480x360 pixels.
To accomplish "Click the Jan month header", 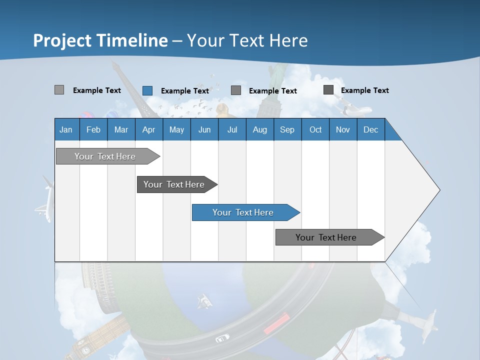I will point(66,130).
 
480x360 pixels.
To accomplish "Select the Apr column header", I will point(148,130).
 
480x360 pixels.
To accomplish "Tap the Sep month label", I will point(287,130).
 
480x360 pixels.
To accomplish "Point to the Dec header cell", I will point(370,130).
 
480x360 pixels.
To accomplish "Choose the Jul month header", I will point(232,130).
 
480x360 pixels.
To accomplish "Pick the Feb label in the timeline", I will point(93,130).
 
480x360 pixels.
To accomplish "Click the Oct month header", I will point(315,130).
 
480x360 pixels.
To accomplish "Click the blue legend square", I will point(147,90).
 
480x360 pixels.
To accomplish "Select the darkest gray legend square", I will point(328,90).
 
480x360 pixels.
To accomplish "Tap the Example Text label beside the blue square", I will point(184,91).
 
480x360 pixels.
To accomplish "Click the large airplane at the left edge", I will point(44,200).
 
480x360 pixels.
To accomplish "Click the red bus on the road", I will point(276,323).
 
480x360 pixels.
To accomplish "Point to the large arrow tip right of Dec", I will point(430,190).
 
